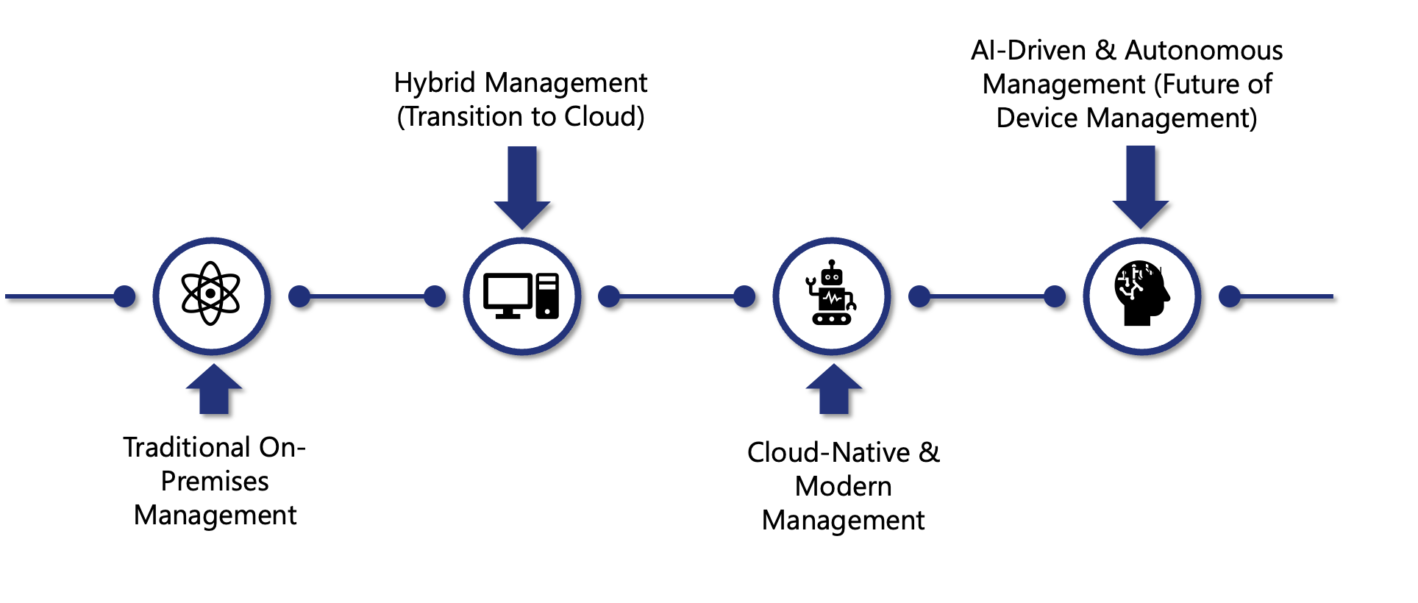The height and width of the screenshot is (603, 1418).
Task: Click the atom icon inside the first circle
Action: (x=211, y=293)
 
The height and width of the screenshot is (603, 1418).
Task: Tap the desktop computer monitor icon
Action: (x=507, y=295)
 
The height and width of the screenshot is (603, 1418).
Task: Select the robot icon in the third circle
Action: (x=831, y=293)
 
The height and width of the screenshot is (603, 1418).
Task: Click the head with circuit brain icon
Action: (x=1141, y=293)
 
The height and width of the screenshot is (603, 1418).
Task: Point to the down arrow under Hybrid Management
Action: (x=522, y=188)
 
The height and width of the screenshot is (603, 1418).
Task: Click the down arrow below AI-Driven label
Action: (x=1141, y=187)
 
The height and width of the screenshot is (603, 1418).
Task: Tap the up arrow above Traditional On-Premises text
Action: (x=214, y=390)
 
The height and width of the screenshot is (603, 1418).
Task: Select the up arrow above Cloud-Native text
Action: (x=834, y=390)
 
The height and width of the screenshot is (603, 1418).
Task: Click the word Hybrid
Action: (x=435, y=83)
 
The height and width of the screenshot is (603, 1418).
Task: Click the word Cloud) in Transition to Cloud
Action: (x=604, y=117)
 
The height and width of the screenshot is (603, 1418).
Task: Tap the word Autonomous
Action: (x=1204, y=51)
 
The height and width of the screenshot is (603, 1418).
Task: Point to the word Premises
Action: (x=215, y=482)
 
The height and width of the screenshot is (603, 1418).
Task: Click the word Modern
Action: (x=843, y=487)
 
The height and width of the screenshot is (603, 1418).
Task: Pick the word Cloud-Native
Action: (x=828, y=453)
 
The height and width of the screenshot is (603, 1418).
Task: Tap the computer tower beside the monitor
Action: (x=547, y=296)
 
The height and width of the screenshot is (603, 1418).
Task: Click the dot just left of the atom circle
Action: (x=125, y=296)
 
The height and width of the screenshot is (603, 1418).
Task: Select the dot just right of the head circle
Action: (x=1230, y=296)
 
